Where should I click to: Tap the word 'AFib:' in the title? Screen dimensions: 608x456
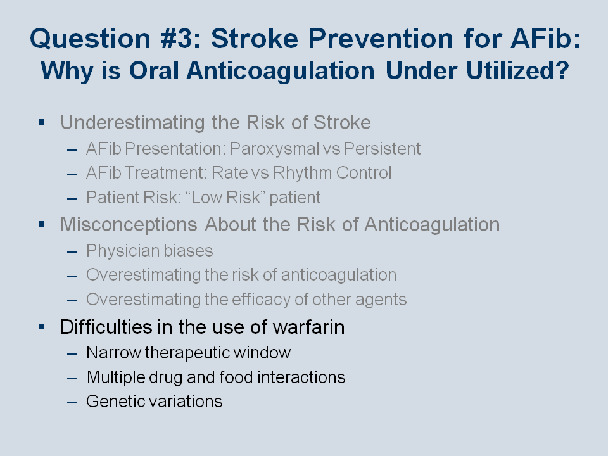pyautogui.click(x=545, y=39)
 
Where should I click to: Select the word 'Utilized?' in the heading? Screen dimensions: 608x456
pyautogui.click(x=517, y=70)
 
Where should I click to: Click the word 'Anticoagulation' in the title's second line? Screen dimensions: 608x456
pyautogui.click(x=281, y=72)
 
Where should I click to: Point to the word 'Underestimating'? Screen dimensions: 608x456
pyautogui.click(x=132, y=122)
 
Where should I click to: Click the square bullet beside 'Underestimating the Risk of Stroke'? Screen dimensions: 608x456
pyautogui.click(x=42, y=122)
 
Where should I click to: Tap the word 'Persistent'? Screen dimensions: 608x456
pyautogui.click(x=382, y=149)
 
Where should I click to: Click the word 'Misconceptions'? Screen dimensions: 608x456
pyautogui.click(x=129, y=224)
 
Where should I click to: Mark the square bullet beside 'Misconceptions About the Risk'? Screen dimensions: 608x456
pyautogui.click(x=42, y=224)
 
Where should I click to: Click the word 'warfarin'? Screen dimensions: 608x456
pyautogui.click(x=308, y=327)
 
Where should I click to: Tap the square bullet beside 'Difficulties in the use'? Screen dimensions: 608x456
pyautogui.click(x=42, y=327)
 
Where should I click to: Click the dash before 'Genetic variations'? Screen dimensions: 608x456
pyautogui.click(x=72, y=403)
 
